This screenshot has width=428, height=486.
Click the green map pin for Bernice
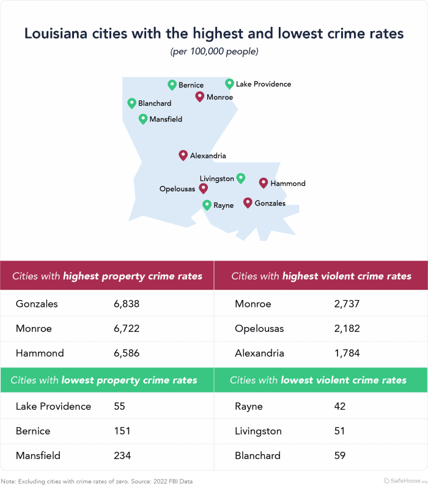click(x=172, y=85)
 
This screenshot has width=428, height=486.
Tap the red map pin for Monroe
click(x=199, y=97)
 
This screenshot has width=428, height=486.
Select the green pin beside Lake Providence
click(x=229, y=83)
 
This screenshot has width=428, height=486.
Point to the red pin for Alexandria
click(x=183, y=155)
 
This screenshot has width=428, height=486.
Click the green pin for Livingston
click(x=241, y=178)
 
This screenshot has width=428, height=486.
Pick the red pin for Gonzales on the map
click(x=248, y=202)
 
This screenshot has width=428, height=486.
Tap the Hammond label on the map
click(x=287, y=183)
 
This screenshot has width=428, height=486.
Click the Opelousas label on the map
click(x=177, y=190)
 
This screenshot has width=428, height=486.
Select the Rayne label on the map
click(x=223, y=205)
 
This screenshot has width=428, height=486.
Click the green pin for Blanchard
click(x=131, y=103)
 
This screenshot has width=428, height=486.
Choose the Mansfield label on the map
click(x=166, y=119)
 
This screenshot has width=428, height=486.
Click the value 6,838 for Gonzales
click(x=127, y=304)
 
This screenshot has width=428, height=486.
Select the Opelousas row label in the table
click(x=259, y=328)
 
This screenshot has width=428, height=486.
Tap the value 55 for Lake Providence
click(x=120, y=407)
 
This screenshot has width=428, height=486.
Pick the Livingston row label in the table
click(x=258, y=431)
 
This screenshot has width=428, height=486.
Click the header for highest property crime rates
click(x=107, y=276)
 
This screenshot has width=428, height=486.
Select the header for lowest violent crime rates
click(x=318, y=380)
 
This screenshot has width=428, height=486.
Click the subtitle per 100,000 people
click(x=214, y=51)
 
